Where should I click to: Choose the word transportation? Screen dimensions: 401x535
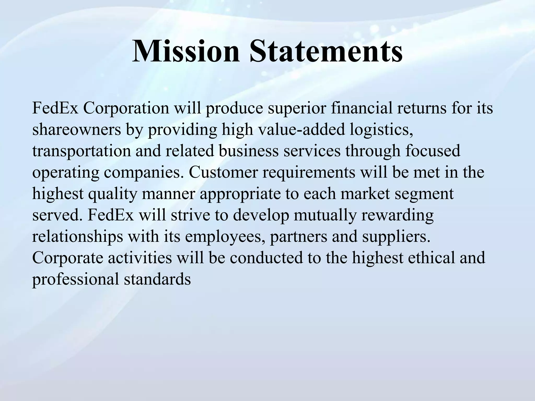(x=81, y=151)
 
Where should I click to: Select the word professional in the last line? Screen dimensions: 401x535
(x=75, y=279)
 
